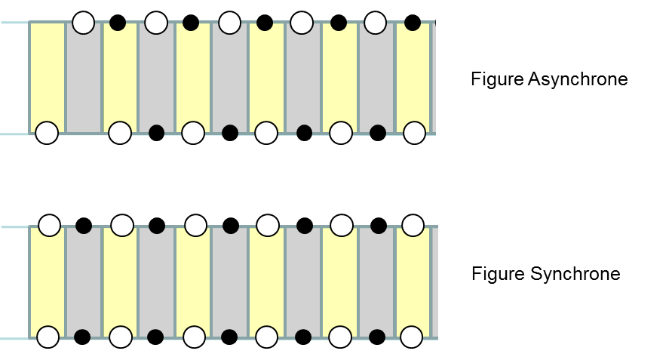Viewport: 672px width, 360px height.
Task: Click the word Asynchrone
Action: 578,80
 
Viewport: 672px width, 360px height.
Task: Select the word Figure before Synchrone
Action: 498,274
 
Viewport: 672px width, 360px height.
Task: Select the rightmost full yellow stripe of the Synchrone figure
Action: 413,281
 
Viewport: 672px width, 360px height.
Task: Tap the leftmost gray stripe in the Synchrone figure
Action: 84,281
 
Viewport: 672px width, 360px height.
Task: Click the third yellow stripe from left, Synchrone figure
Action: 193,281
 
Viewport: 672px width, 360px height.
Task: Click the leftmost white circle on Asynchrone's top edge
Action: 84,23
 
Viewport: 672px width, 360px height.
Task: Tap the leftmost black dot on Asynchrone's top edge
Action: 118,23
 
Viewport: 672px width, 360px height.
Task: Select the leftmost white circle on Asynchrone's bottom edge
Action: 47,133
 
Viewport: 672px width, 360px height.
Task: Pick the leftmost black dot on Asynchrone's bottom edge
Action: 156,133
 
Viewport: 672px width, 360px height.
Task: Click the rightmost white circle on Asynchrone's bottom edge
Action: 414,133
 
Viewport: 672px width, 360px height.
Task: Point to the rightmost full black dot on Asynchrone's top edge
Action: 413,23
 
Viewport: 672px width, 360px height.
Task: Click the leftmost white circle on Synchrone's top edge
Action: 49,225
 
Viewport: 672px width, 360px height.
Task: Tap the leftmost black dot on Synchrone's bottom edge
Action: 82,337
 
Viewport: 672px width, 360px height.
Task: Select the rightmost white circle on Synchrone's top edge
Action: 413,225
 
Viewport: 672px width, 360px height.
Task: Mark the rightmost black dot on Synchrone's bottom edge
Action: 377,337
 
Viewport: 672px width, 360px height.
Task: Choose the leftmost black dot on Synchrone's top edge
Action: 84,226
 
